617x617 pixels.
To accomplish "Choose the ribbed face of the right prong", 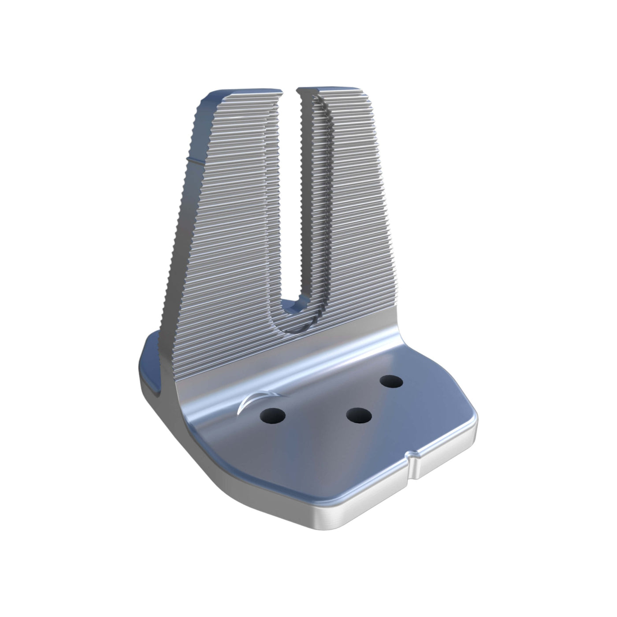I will click(353, 198).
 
